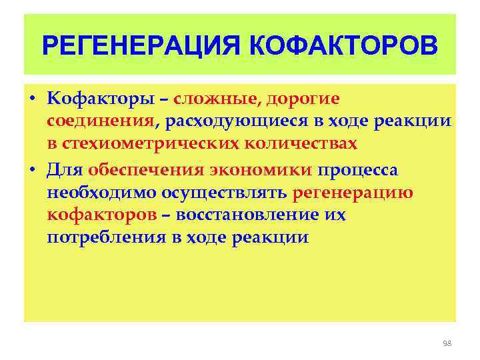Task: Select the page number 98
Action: (447, 343)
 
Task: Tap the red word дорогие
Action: (303, 99)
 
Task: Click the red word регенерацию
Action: (353, 193)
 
